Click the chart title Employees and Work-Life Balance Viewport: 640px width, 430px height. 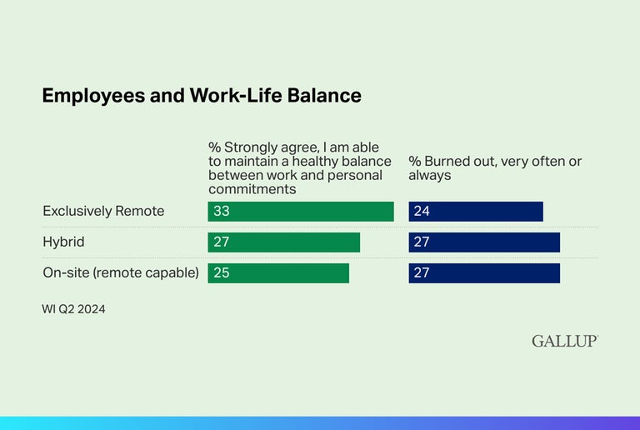[x=202, y=96]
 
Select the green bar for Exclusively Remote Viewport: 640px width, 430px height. [x=301, y=212]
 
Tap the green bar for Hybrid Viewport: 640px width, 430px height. [x=284, y=242]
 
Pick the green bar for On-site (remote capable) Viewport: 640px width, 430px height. [x=278, y=272]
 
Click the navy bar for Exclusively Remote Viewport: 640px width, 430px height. [x=476, y=212]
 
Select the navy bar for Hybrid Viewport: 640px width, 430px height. [x=484, y=242]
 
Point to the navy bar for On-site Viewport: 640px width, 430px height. [x=484, y=272]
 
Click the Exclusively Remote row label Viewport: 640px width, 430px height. [x=103, y=212]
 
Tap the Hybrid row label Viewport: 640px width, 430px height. [x=63, y=242]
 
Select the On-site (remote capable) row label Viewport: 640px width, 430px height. [x=121, y=272]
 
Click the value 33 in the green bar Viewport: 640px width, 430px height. [x=222, y=212]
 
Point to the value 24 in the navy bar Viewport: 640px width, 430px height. [x=422, y=212]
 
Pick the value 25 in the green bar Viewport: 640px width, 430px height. [x=222, y=272]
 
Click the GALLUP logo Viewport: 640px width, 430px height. [x=565, y=341]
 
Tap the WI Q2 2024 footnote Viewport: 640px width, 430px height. [x=73, y=309]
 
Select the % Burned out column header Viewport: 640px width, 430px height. [x=494, y=168]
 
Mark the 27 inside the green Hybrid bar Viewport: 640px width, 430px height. [x=222, y=242]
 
